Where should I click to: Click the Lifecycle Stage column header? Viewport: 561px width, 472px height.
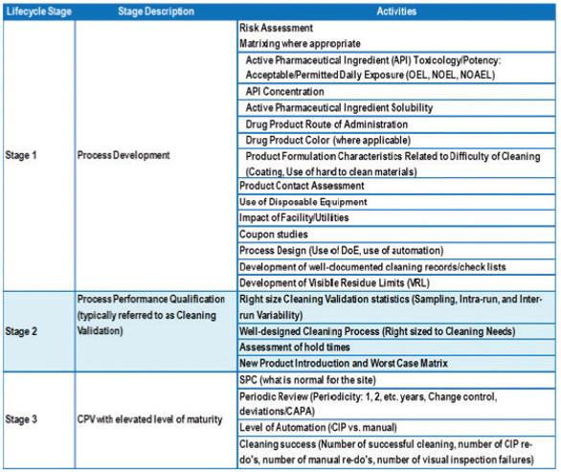37,11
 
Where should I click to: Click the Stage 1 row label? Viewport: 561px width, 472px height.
22,154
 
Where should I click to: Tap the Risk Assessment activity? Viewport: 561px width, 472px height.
280,29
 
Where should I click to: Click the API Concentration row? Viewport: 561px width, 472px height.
284,91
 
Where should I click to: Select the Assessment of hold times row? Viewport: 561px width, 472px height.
296,347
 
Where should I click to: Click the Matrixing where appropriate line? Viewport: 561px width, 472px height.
299,43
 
